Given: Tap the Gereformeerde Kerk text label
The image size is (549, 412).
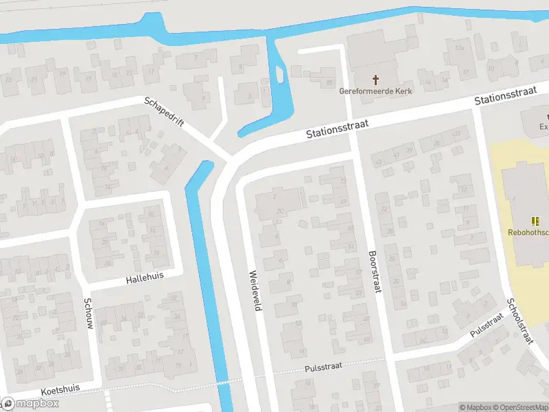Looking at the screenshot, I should [x=375, y=91].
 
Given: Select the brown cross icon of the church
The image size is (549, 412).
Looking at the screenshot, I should [x=375, y=79].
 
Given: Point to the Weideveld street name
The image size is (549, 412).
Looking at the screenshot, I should [x=254, y=290].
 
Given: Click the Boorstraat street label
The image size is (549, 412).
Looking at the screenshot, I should [x=375, y=271].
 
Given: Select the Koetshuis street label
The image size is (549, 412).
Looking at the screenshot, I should [x=60, y=389].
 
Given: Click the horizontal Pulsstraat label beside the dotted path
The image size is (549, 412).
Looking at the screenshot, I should [x=324, y=369].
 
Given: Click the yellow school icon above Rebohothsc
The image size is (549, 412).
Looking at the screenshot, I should [x=535, y=220].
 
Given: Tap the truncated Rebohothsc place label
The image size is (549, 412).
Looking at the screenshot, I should [x=528, y=233].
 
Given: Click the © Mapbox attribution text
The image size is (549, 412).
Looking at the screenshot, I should [x=476, y=407].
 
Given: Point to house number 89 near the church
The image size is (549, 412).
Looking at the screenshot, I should [x=329, y=73].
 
